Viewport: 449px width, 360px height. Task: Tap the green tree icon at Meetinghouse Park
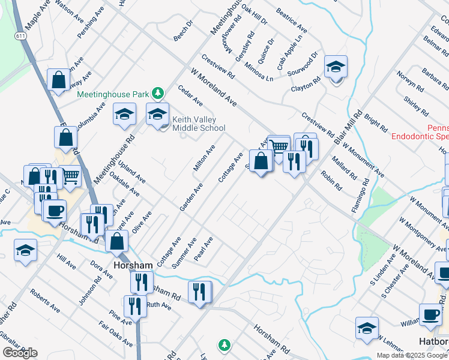click(x=157, y=94)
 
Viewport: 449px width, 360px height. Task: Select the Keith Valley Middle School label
click(x=199, y=124)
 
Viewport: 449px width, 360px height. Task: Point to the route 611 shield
click(x=21, y=37)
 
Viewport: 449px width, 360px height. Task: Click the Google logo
click(x=20, y=353)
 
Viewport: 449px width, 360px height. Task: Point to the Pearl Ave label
click(x=204, y=249)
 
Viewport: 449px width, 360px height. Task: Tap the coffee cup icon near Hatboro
click(x=430, y=314)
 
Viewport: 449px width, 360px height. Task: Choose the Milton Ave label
click(x=204, y=158)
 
